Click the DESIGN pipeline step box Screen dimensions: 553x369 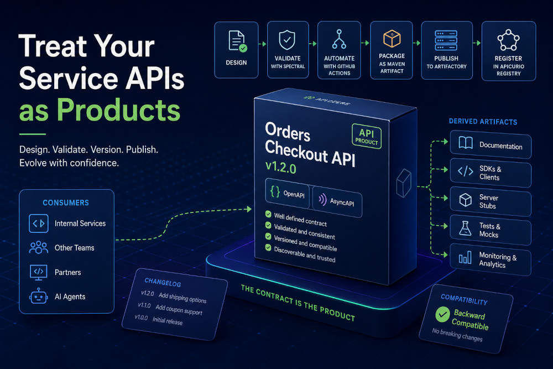coord(236,50)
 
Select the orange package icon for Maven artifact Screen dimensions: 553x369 coord(392,39)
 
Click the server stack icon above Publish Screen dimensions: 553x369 coord(446,40)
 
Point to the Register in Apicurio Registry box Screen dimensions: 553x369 coord(509,51)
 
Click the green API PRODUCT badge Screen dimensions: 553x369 coord(367,136)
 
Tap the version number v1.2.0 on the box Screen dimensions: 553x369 coord(281,167)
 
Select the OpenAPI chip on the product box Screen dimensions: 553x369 coord(287,193)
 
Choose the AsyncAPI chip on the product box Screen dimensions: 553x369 coord(337,201)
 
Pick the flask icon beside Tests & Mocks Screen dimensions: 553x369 coord(465,228)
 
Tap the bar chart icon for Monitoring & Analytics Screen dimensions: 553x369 coord(465,257)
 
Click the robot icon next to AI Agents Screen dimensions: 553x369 coord(38,297)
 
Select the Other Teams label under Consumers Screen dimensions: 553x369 coord(75,248)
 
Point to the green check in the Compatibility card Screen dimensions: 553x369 coord(442,314)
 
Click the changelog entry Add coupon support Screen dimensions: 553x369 coord(179,310)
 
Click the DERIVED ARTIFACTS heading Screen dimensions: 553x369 coord(483,121)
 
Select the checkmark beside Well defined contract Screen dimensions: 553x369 coord(268,214)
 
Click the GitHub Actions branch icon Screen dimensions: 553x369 coord(339,39)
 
